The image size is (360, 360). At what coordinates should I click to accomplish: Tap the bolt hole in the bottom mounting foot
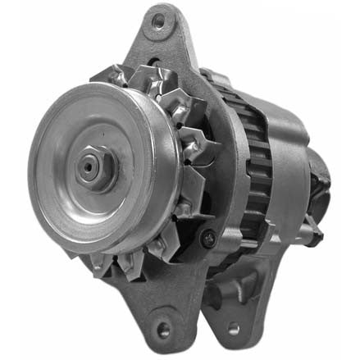[163, 330]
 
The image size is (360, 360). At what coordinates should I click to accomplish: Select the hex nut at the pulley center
[90, 166]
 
